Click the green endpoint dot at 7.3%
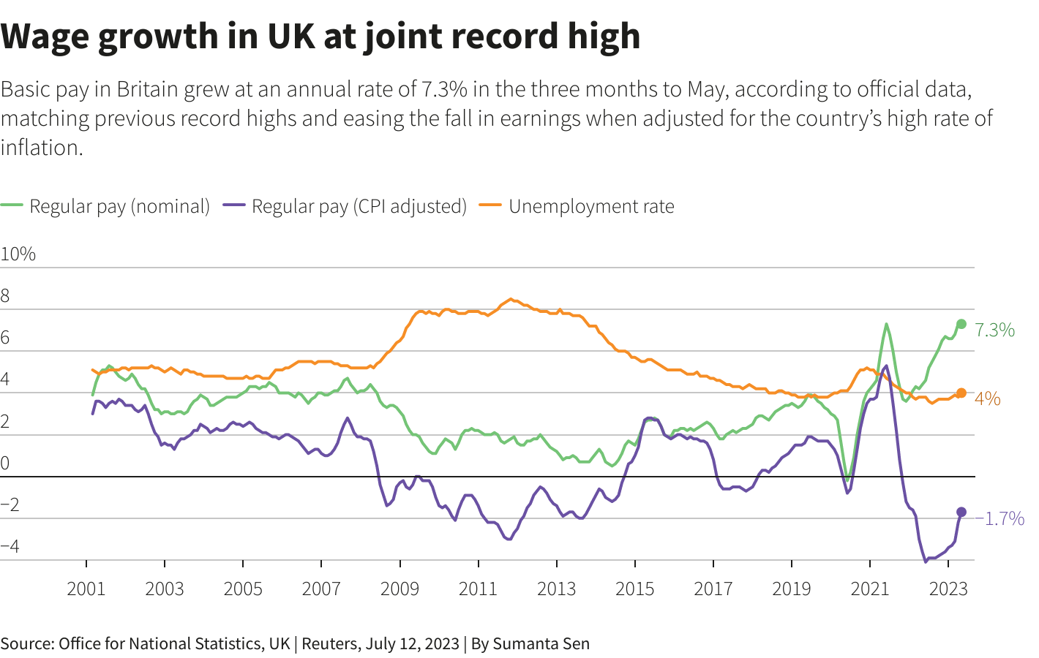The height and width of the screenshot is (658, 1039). [x=961, y=324]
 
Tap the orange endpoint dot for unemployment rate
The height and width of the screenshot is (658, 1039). [x=961, y=393]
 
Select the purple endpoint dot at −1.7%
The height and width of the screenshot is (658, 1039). [x=961, y=512]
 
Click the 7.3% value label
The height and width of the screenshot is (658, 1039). [x=994, y=330]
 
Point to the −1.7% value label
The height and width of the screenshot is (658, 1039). [x=999, y=518]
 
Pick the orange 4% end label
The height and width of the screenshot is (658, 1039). [x=987, y=398]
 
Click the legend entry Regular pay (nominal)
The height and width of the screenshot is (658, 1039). [x=119, y=206]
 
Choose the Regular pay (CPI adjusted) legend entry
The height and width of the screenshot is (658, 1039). [x=359, y=206]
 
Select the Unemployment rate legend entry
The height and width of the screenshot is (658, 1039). [x=590, y=206]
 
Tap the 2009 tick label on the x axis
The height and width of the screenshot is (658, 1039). [x=400, y=589]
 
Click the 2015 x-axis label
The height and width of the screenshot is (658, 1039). [x=634, y=589]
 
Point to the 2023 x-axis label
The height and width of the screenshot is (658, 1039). [x=948, y=589]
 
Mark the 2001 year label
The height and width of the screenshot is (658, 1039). [x=86, y=589]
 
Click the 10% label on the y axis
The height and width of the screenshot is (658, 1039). [x=18, y=254]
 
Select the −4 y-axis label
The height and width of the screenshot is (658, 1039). [x=10, y=546]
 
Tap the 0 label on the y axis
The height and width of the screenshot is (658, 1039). [x=5, y=463]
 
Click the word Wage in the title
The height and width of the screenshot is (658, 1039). [x=45, y=36]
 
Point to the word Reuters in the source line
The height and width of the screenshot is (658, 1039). [x=330, y=643]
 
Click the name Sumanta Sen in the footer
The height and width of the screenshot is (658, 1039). [x=541, y=643]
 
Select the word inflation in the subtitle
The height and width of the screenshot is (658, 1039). [x=40, y=147]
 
